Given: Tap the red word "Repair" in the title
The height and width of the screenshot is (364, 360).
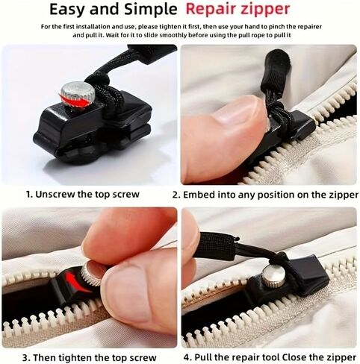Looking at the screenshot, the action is (x=211, y=10).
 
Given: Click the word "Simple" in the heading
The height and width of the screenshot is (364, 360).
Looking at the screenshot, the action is (x=151, y=10).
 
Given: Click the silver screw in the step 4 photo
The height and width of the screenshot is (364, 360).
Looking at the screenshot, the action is (x=272, y=275).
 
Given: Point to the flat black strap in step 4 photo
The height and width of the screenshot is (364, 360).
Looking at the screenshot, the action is (x=216, y=246).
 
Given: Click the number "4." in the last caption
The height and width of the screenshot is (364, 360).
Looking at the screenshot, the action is (x=187, y=357).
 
